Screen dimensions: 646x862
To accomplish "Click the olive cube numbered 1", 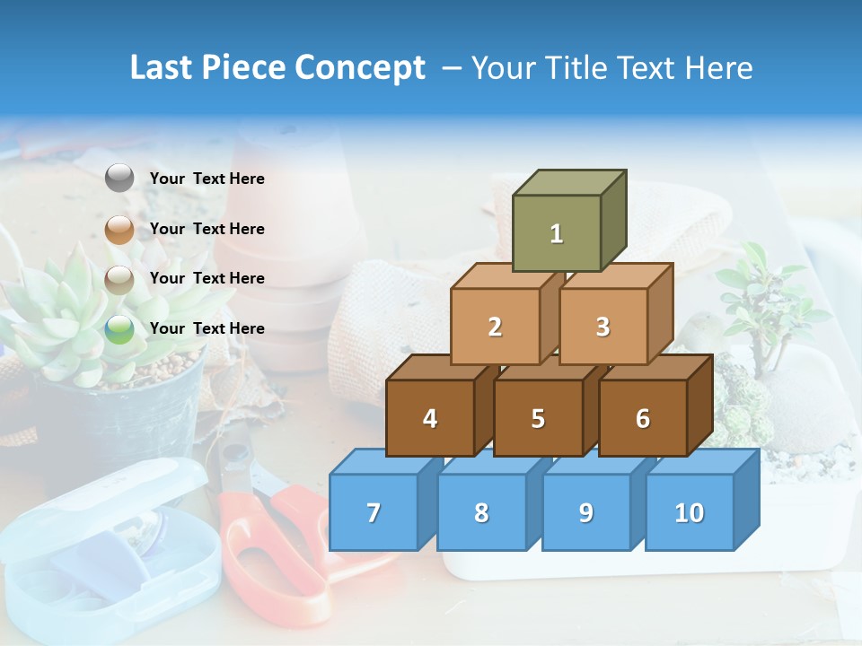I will pyautogui.click(x=556, y=233).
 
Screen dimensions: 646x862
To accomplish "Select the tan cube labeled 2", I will pyautogui.click(x=495, y=327).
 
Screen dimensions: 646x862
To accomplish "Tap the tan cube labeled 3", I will pyautogui.click(x=603, y=327).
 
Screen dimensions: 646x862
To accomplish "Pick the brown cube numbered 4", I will pyautogui.click(x=430, y=418).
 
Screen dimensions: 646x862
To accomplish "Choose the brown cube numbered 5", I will pyautogui.click(x=538, y=418).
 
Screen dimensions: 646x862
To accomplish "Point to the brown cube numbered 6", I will pyautogui.click(x=643, y=418).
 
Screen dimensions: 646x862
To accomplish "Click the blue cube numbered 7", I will pyautogui.click(x=374, y=512).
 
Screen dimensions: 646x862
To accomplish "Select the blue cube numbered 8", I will pyautogui.click(x=481, y=512).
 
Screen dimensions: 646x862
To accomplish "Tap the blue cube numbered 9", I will pyautogui.click(x=586, y=512).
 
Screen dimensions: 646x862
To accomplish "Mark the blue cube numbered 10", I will pyautogui.click(x=690, y=512).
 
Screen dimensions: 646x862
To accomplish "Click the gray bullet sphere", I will pyautogui.click(x=119, y=179).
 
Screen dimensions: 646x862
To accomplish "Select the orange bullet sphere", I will pyautogui.click(x=119, y=230).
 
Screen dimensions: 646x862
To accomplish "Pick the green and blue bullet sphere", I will pyautogui.click(x=119, y=329).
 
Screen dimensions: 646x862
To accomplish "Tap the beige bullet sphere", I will pyautogui.click(x=119, y=280).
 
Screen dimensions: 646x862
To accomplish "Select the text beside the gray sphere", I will pyautogui.click(x=207, y=179).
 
